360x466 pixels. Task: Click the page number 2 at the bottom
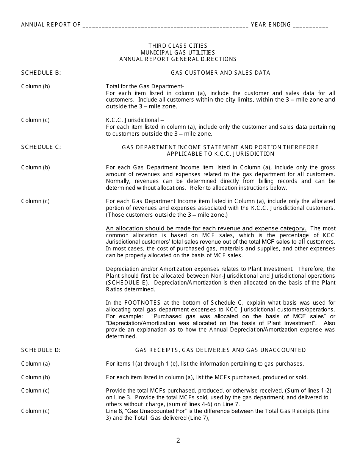178,441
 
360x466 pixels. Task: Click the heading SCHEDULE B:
41,73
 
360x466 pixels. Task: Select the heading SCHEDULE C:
41,147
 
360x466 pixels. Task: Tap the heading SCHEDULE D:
41,350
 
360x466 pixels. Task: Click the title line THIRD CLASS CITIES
178,46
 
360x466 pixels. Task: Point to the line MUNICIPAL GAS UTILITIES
178,52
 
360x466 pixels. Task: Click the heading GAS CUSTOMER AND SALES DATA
220,73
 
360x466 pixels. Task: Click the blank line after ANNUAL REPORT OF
165,25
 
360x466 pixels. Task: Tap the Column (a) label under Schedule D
35,364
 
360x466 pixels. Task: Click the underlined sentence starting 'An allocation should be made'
206,228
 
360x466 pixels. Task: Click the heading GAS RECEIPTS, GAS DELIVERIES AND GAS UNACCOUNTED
220,350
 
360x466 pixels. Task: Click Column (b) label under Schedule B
35,86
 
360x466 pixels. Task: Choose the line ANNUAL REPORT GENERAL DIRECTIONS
178,59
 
